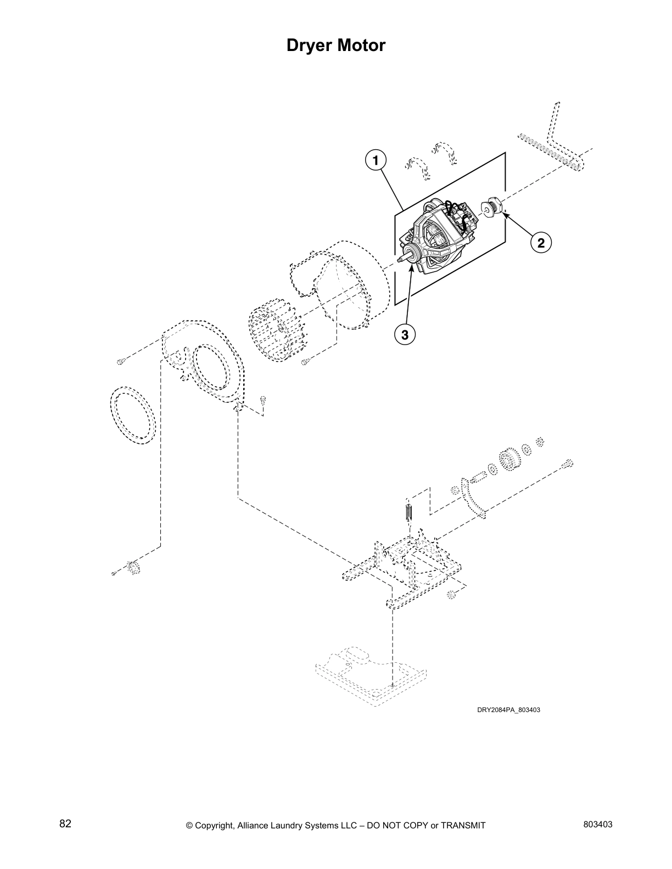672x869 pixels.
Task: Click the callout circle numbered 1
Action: (x=376, y=160)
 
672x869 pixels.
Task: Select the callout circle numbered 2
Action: (x=541, y=242)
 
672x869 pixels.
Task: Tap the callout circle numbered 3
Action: (x=405, y=334)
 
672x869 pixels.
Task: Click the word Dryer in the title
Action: (x=311, y=45)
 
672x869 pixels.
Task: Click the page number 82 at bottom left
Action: (x=65, y=824)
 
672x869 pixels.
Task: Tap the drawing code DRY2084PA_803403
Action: (x=508, y=709)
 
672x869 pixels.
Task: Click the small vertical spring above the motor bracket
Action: (x=408, y=512)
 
